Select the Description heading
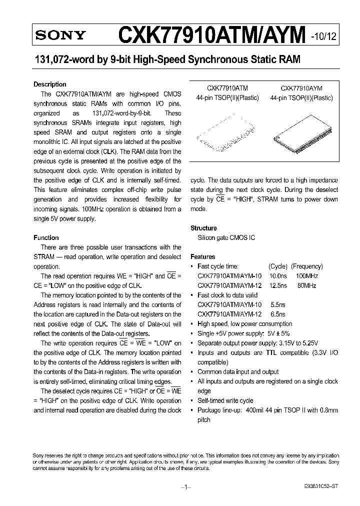pyautogui.click(x=49, y=84)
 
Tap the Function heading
pyautogui.click(x=46, y=237)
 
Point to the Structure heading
pyautogui.click(x=203, y=228)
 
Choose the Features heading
pyautogui.click(x=202, y=256)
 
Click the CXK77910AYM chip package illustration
pyautogui.click(x=301, y=132)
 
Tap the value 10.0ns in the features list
pyautogui.click(x=277, y=276)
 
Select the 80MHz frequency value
pyautogui.click(x=307, y=285)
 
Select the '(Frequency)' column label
pyautogui.click(x=306, y=266)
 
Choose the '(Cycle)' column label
pyautogui.click(x=278, y=266)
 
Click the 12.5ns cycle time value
pyautogui.click(x=277, y=285)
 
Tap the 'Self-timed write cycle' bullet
pyautogui.click(x=225, y=400)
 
